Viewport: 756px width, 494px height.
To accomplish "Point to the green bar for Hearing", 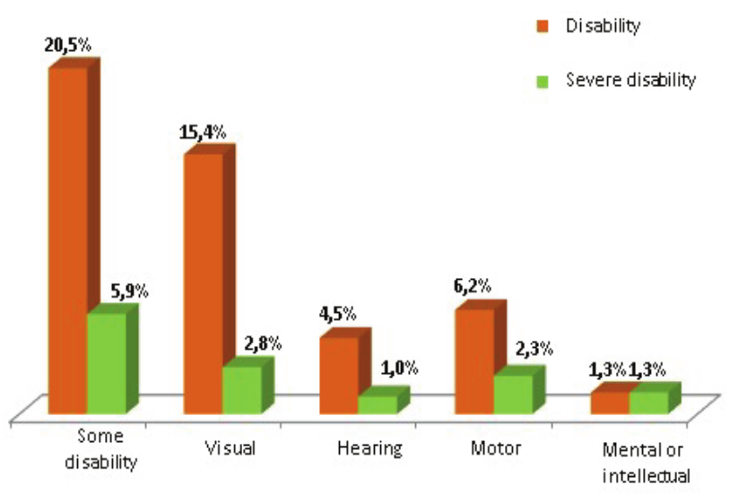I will pyautogui.click(x=378, y=404).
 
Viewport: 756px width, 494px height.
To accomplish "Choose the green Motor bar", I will pyautogui.click(x=513, y=394).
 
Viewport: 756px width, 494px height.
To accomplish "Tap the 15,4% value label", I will pyautogui.click(x=203, y=132).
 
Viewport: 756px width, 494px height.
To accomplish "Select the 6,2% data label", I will pyautogui.click(x=472, y=287).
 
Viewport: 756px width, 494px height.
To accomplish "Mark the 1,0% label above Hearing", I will pyautogui.click(x=397, y=368).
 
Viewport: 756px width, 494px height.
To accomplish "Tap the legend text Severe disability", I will pyautogui.click(x=630, y=80).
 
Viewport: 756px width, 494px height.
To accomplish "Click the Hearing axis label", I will pyautogui.click(x=369, y=447).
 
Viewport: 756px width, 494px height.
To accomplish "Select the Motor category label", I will pyautogui.click(x=495, y=447).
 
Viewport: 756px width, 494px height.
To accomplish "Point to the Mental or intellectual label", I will pyautogui.click(x=645, y=462).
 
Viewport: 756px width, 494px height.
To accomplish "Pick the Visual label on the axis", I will pyautogui.click(x=230, y=447).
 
